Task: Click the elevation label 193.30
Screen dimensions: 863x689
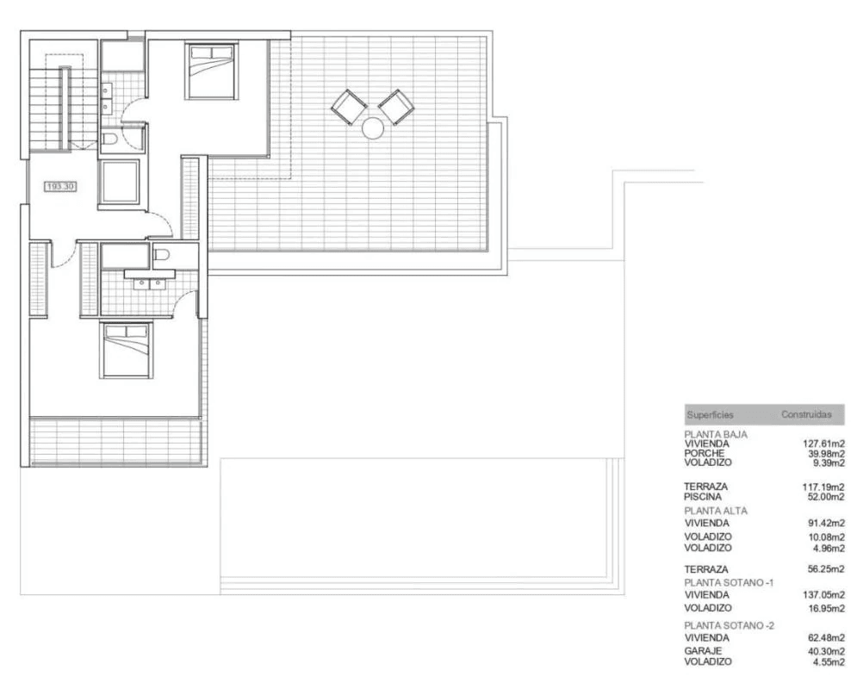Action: tap(60, 187)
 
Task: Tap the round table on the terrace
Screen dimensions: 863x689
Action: tap(373, 128)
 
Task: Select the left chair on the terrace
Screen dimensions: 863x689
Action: tap(349, 108)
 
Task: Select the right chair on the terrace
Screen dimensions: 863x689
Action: tap(396, 108)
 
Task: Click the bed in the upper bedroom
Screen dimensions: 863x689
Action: tap(211, 71)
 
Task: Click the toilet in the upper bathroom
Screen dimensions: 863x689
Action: tap(109, 138)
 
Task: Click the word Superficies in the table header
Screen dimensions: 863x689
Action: tap(710, 415)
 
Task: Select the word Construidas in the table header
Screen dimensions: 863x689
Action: tap(806, 414)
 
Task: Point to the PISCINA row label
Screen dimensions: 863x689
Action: tap(703, 496)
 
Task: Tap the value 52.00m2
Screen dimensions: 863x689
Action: tap(826, 497)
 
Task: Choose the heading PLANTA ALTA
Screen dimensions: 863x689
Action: tap(716, 511)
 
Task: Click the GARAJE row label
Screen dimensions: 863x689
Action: tap(703, 650)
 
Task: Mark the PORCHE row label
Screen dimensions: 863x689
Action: tap(705, 453)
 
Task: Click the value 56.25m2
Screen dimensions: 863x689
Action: tap(826, 569)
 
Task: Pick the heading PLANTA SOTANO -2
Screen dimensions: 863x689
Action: tap(730, 626)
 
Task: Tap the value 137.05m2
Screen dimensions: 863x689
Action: tap(823, 595)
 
